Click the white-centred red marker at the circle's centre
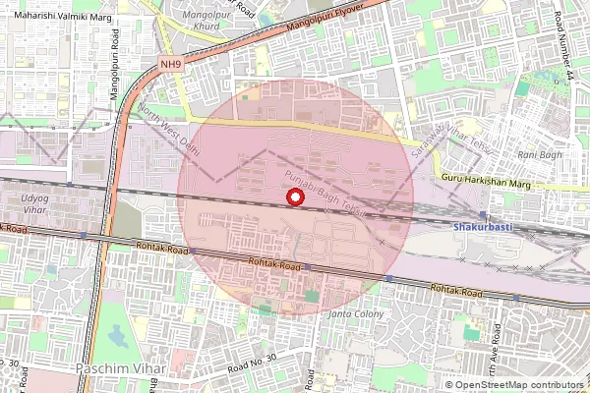tap(293, 197)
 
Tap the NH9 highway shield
tap(171, 65)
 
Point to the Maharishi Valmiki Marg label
tap(57, 14)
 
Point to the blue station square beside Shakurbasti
tap(483, 214)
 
